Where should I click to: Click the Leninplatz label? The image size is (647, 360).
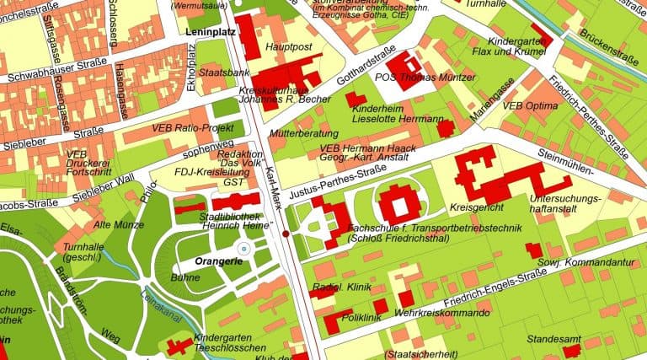click(x=209, y=31)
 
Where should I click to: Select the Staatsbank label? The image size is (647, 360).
click(x=222, y=74)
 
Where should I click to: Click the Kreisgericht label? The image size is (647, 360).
click(x=477, y=207)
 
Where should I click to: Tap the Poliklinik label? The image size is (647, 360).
click(x=359, y=317)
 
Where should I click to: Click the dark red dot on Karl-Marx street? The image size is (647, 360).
click(x=286, y=233)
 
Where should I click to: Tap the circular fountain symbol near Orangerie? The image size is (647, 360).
click(x=243, y=249)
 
